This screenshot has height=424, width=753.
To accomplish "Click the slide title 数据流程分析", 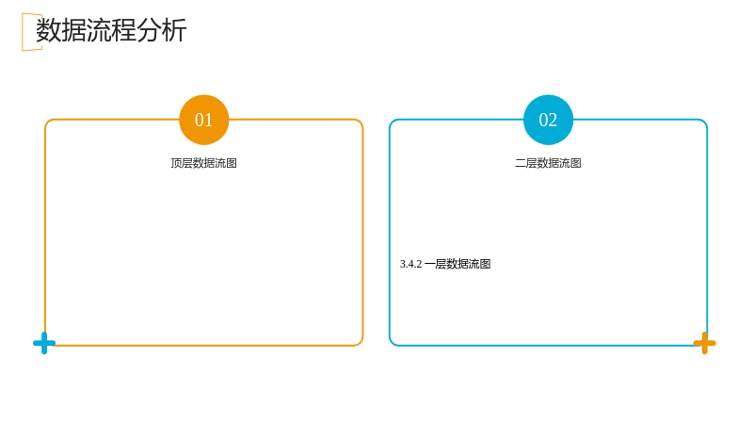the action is (x=111, y=30).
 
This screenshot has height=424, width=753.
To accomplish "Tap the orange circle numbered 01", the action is (x=204, y=120).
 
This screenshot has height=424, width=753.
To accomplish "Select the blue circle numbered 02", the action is (x=548, y=120).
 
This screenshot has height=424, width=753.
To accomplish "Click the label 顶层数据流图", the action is (x=203, y=163).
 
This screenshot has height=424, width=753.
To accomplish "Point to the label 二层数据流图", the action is (x=548, y=163).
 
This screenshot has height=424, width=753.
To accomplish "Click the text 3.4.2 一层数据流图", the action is (x=445, y=264).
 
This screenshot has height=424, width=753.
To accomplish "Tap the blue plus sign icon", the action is (x=44, y=343).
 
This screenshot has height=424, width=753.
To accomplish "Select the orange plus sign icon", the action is (x=704, y=343).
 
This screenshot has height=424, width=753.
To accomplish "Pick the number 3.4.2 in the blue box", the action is (x=410, y=264).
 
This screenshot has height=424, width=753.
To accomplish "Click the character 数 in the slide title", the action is (x=49, y=30).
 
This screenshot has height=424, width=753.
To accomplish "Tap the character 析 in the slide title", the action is (x=174, y=30).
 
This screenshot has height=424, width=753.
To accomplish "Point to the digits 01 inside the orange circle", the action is (x=203, y=120).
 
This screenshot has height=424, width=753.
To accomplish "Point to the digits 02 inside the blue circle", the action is (x=548, y=120).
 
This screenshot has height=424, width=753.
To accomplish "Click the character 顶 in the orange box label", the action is (x=176, y=163).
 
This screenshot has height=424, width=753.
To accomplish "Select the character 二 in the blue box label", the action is (x=521, y=163).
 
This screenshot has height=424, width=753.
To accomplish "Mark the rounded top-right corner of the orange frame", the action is (x=360, y=122).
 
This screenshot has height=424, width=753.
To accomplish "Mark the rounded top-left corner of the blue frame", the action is (x=392, y=122).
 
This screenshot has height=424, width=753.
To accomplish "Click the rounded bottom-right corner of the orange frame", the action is (x=360, y=343).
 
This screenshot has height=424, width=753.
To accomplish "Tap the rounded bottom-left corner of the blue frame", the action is (x=392, y=343).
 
